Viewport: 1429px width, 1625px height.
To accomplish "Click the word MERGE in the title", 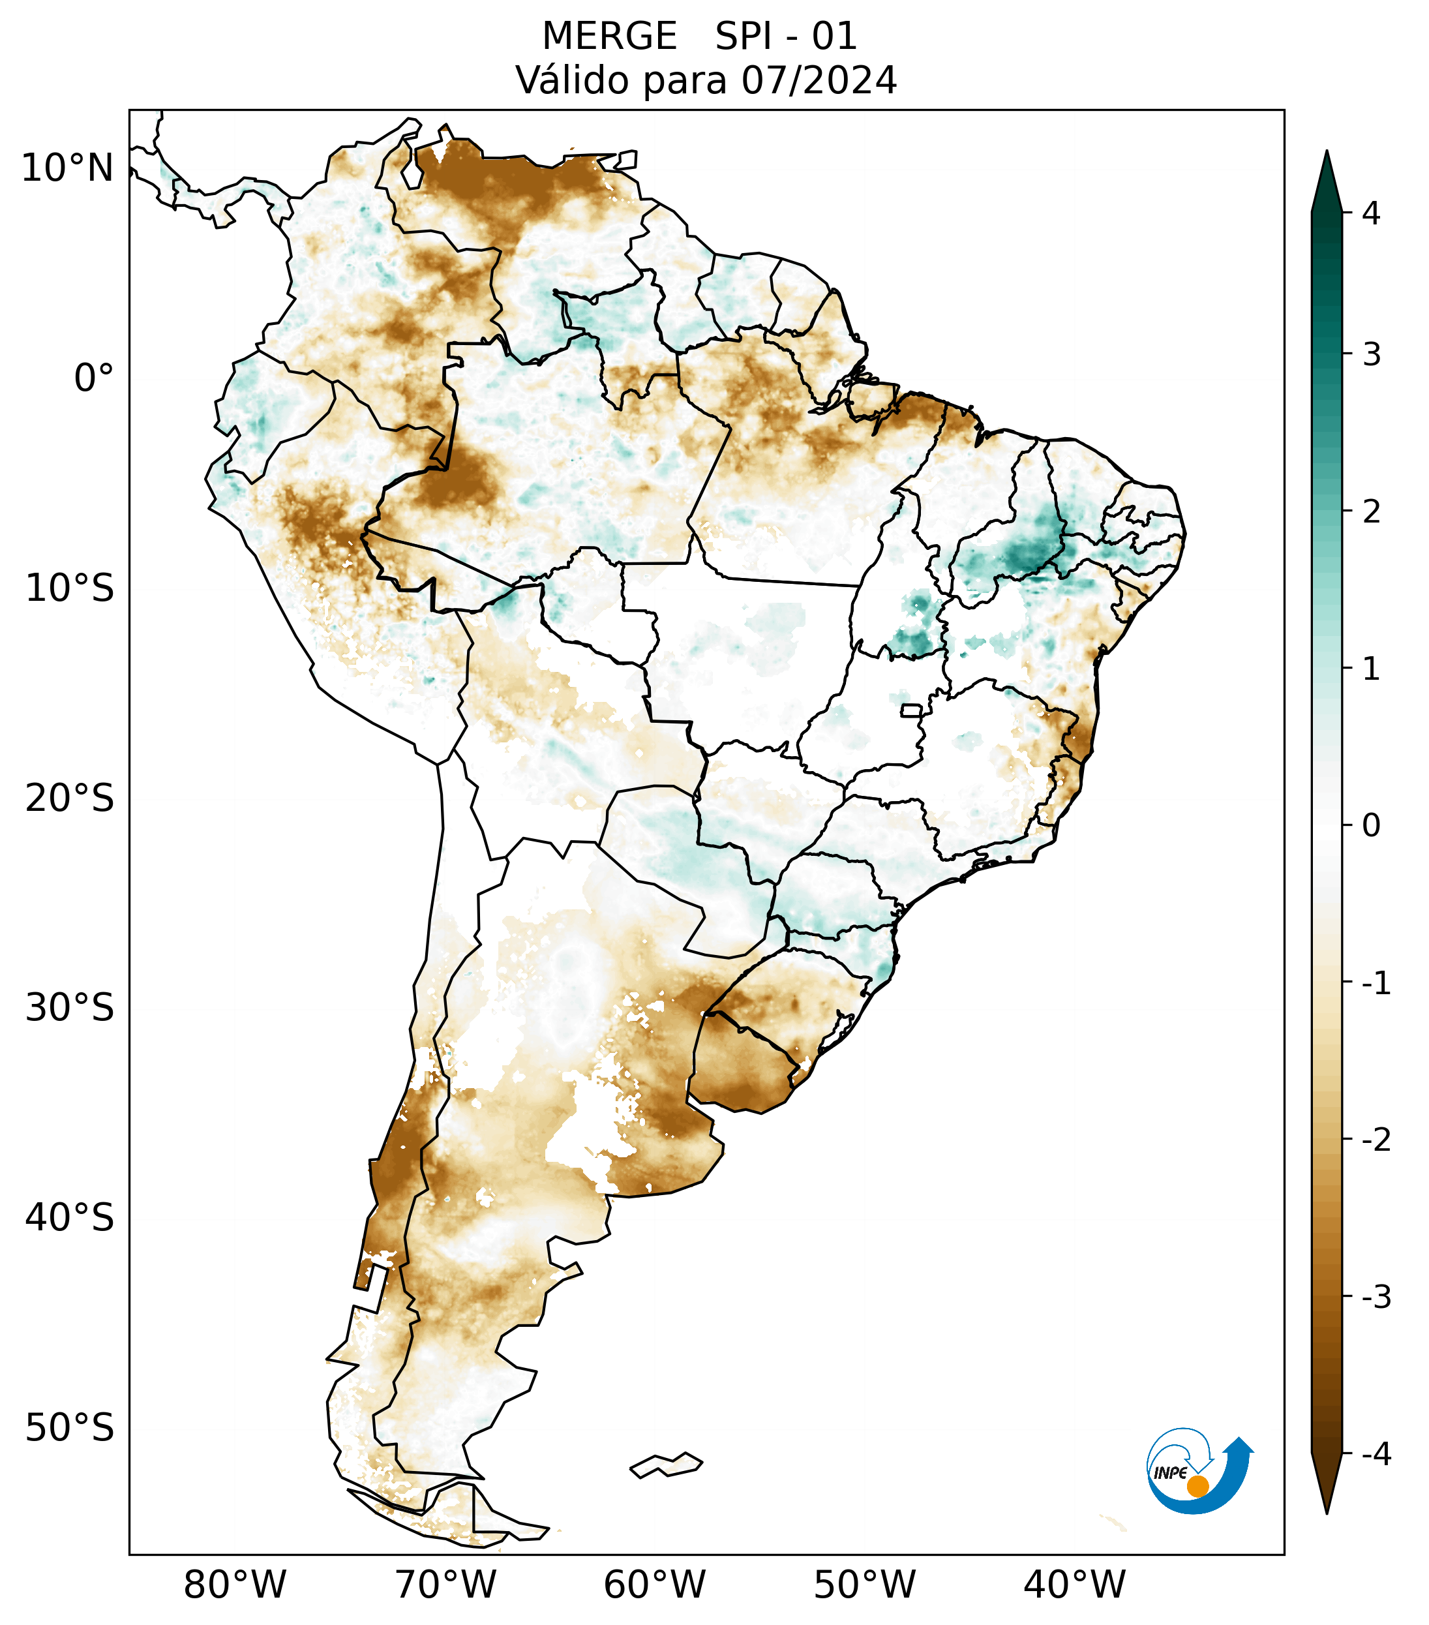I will pos(610,37).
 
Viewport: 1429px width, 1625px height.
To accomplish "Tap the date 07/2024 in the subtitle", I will pos(819,80).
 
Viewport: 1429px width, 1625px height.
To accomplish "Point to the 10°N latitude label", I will pos(68,168).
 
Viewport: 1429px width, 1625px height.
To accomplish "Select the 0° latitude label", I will pos(94,378).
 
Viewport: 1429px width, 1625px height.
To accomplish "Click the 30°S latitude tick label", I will pos(70,1007).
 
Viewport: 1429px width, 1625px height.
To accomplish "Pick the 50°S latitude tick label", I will pos(70,1428).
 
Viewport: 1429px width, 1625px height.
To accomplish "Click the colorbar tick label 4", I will pos(1371,213).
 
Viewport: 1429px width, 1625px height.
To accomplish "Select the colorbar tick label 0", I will pos(1371,825).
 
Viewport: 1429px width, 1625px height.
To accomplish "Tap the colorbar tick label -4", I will pos(1376,1454).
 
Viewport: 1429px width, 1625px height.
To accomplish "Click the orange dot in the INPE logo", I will pos(1197,1486).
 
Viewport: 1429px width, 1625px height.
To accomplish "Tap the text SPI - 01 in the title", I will pos(786,37).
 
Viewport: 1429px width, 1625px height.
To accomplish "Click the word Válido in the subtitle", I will pos(563,80).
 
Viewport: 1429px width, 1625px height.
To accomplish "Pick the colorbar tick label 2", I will pos(1371,511).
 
